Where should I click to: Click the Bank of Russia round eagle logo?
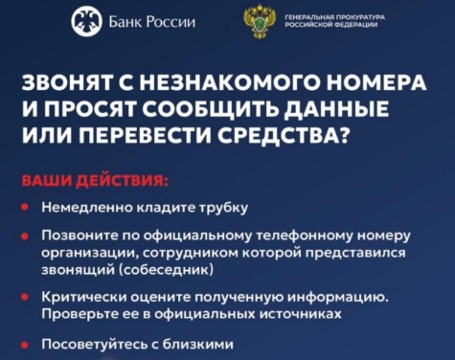click(86, 22)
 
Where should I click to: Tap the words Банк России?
click(152, 22)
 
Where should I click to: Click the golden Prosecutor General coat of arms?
click(260, 21)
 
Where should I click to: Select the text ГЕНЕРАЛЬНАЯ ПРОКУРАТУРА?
click(335, 17)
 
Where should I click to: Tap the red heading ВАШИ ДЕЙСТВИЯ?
click(95, 181)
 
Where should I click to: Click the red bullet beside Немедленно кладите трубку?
click(24, 207)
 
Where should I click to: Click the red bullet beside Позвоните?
click(24, 236)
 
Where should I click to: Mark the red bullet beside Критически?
click(24, 297)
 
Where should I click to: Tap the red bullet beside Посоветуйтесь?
click(24, 345)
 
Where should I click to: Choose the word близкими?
click(198, 345)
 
